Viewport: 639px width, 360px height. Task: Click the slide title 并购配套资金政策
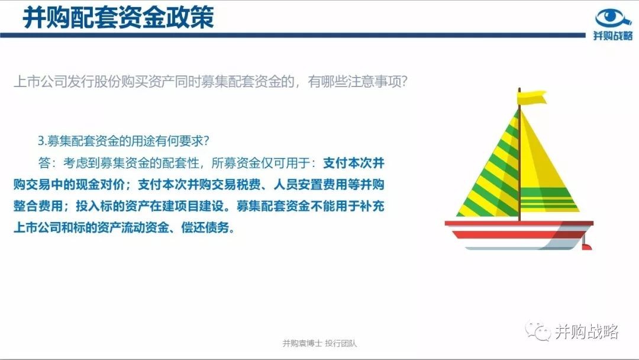click(118, 18)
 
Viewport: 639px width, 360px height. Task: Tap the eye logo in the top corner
click(613, 18)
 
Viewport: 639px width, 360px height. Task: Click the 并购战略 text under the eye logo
click(613, 36)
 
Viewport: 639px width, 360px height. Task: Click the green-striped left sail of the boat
click(495, 175)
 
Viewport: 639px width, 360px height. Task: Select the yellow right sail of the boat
click(546, 171)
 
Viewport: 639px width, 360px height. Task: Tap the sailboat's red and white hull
click(518, 235)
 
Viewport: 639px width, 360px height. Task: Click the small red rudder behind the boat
click(586, 247)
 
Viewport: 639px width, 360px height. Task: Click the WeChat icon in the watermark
click(537, 330)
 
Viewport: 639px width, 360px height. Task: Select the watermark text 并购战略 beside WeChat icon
click(587, 332)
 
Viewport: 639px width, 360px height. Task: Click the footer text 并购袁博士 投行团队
click(319, 343)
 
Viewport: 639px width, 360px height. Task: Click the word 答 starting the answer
click(44, 163)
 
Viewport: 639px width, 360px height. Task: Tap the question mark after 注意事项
click(404, 82)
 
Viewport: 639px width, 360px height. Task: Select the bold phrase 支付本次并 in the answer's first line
click(354, 163)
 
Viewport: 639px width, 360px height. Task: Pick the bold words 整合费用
click(38, 206)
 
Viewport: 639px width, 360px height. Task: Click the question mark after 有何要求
click(206, 141)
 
